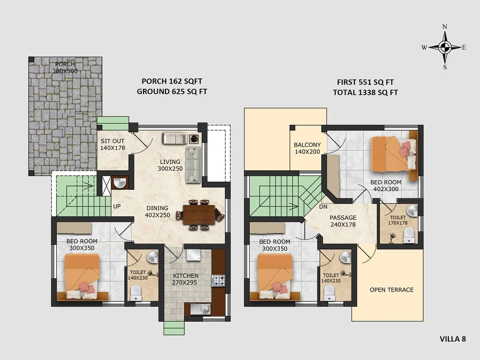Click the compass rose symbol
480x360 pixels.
pyautogui.click(x=445, y=47)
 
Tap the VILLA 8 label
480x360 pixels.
pyautogui.click(x=452, y=339)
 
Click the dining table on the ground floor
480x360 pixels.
pyautogui.click(x=199, y=214)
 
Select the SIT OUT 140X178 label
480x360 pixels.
pyautogui.click(x=112, y=144)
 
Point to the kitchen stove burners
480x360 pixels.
pyautogui.click(x=218, y=281)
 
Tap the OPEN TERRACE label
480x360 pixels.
pyautogui.click(x=391, y=290)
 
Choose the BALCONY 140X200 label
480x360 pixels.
pyautogui.click(x=307, y=148)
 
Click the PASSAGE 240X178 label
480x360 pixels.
pyautogui.click(x=343, y=221)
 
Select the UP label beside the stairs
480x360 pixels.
pyautogui.click(x=117, y=206)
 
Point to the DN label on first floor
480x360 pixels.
pyautogui.click(x=323, y=207)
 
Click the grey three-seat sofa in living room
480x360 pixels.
pyautogui.click(x=193, y=164)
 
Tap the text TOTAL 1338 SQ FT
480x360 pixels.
pyautogui.click(x=365, y=92)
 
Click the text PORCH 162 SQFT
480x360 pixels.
pyautogui.click(x=172, y=81)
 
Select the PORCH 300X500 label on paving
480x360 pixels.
pyautogui.click(x=65, y=67)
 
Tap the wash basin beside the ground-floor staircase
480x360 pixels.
pyautogui.click(x=120, y=183)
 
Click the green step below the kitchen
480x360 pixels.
pyautogui.click(x=174, y=328)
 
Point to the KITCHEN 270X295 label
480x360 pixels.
pyautogui.click(x=185, y=279)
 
